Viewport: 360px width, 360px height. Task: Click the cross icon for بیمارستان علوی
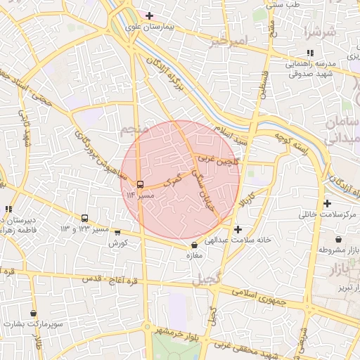[149, 15]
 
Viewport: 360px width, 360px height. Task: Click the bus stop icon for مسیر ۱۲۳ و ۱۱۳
[85, 219]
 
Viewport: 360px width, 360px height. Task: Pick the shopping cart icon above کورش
[117, 233]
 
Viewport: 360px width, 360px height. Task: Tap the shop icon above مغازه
[194, 245]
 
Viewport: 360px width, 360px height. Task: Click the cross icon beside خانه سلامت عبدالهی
[238, 229]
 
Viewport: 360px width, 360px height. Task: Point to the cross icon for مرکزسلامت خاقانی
[327, 203]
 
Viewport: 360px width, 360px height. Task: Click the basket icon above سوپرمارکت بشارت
[33, 314]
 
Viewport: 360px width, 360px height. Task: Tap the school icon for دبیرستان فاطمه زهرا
[8, 209]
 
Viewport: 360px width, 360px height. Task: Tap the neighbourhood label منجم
[131, 130]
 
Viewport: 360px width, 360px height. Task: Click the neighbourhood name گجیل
[205, 279]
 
